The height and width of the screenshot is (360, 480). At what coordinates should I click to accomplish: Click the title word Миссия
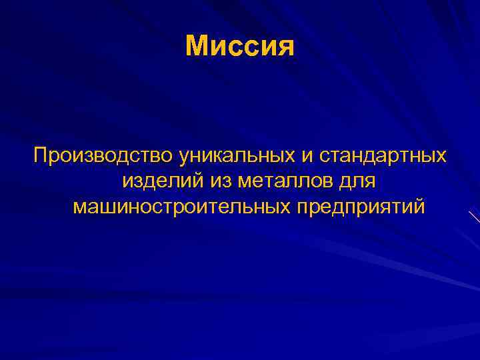click(240, 46)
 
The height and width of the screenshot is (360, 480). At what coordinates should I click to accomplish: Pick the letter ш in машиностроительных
click(104, 207)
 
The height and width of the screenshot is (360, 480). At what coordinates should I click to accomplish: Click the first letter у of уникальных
click(183, 158)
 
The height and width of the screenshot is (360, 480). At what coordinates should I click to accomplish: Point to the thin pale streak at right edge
click(475, 217)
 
